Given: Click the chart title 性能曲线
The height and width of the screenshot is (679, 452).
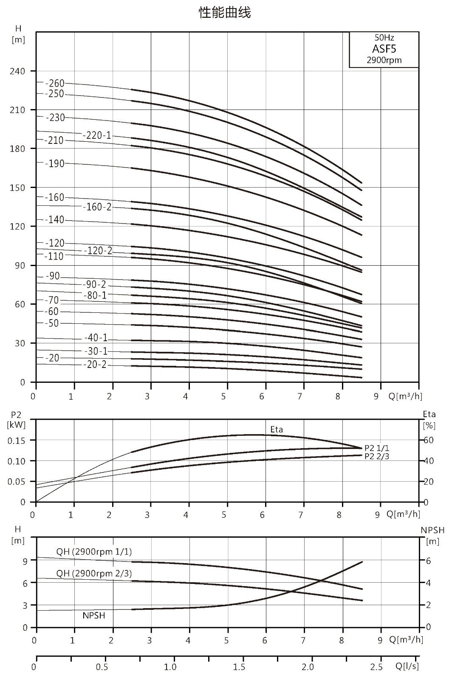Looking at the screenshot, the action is [225, 13].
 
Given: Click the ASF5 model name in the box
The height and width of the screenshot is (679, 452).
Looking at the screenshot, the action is [384, 49].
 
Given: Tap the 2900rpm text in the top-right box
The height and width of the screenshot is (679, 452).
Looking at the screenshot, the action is [384, 60].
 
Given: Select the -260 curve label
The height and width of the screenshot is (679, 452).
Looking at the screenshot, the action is [55, 83].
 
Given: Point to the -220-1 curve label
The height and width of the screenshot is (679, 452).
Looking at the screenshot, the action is [97, 135].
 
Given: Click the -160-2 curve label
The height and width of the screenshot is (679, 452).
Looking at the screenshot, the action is [97, 207].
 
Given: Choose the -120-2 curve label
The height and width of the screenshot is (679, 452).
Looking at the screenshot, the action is [98, 251].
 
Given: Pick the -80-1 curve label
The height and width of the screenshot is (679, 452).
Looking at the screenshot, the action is [95, 295].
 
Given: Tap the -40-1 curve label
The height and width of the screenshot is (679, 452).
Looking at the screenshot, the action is [96, 337].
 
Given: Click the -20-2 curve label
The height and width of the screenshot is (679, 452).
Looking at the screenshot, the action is [95, 365].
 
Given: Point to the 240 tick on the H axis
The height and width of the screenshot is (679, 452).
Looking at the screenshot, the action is [17, 71].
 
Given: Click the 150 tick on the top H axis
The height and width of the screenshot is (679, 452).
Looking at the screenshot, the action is [17, 188].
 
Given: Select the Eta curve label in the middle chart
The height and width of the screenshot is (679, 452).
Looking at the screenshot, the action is [277, 429].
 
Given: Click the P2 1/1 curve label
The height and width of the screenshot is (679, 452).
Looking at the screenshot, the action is [376, 448].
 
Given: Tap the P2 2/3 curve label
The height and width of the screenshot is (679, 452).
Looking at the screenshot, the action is [376, 457].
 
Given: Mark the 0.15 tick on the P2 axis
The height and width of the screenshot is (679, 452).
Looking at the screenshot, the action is [17, 441].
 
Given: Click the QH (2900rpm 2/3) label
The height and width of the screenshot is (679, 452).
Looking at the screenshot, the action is [94, 573].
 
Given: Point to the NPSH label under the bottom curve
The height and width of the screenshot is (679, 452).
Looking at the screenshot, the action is [94, 615].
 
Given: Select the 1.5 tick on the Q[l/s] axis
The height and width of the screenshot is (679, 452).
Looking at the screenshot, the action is [239, 667].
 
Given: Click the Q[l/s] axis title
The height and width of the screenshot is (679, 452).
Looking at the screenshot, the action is [407, 666].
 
